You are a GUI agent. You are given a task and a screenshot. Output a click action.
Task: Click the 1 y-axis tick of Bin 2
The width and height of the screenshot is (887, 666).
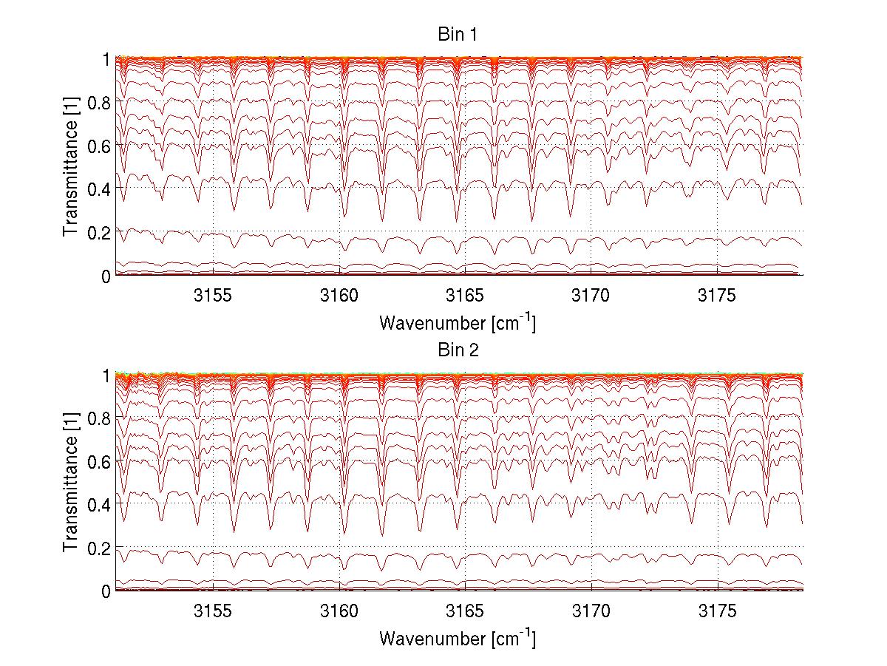click(x=106, y=376)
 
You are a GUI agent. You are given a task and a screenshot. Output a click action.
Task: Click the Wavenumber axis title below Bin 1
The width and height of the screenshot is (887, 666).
click(x=458, y=322)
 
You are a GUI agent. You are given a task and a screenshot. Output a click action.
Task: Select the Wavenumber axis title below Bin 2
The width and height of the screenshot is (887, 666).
click(x=458, y=638)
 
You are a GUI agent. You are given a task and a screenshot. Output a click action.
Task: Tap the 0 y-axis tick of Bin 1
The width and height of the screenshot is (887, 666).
click(x=106, y=276)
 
